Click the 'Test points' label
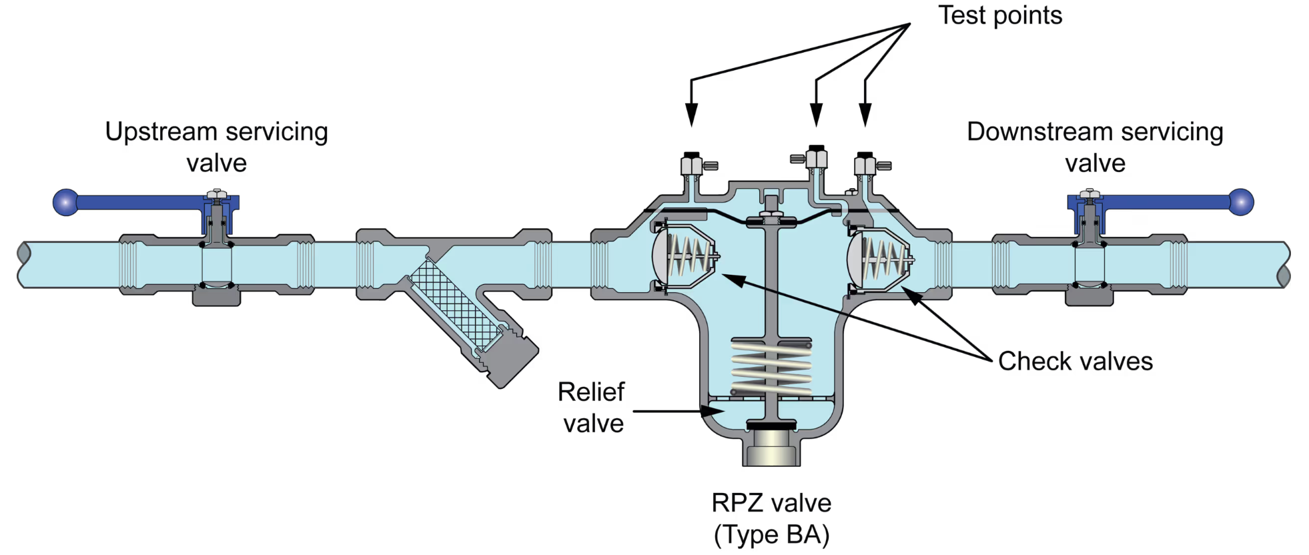pyautogui.click(x=999, y=15)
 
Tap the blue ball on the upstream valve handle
pyautogui.click(x=65, y=202)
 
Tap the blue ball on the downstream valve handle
pyautogui.click(x=1241, y=202)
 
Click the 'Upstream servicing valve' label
pyautogui.click(x=216, y=147)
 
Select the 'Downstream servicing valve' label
pyautogui.click(x=1094, y=147)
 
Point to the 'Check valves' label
pyautogui.click(x=1075, y=362)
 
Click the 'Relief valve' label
pyautogui.click(x=592, y=408)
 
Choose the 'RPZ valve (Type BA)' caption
pyautogui.click(x=771, y=518)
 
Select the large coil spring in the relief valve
pyautogui.click(x=771, y=368)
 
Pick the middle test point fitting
pyautogui.click(x=816, y=158)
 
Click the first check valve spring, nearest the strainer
pyautogui.click(x=691, y=255)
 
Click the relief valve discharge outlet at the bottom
pyautogui.click(x=771, y=449)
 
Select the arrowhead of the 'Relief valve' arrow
pyautogui.click(x=715, y=412)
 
